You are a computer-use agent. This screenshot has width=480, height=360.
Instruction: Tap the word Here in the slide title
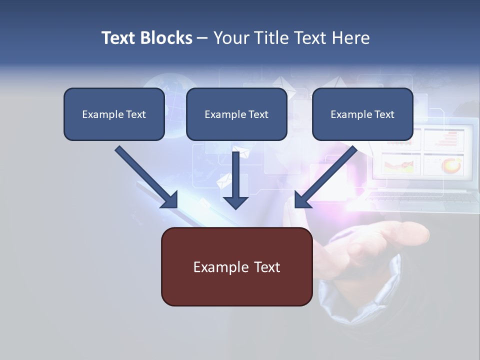click(x=349, y=38)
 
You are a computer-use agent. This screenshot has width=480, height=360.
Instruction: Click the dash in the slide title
click(x=202, y=38)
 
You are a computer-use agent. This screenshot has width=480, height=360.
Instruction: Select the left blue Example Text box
click(x=114, y=114)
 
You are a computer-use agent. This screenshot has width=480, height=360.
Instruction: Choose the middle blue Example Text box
click(x=236, y=114)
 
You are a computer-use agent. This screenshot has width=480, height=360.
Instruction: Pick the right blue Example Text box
click(x=362, y=114)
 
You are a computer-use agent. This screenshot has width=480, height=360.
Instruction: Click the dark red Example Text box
click(x=236, y=266)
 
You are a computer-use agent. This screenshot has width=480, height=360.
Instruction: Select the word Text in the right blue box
click(x=384, y=114)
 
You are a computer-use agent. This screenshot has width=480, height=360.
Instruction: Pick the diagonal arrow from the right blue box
click(x=325, y=177)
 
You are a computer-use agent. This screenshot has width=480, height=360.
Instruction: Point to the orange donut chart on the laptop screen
click(x=451, y=164)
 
